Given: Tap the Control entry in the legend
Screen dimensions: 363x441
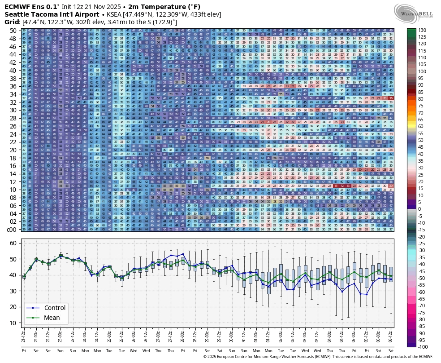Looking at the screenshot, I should pos(55,308).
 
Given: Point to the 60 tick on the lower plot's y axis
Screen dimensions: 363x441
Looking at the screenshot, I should pos(13,243).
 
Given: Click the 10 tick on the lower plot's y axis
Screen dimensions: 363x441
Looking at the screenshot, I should pos(13,323).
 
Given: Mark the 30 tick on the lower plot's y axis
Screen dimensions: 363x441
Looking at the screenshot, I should pos(13,291).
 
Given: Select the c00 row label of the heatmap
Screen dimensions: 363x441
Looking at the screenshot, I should pos(11,230).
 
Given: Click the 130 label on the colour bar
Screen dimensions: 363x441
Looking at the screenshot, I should pos(423,30).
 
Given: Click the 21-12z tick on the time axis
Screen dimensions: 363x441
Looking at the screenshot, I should pos(24,335).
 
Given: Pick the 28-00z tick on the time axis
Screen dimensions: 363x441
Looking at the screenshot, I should pos(183,335).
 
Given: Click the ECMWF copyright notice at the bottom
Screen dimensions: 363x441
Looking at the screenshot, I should pos(318,356).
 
